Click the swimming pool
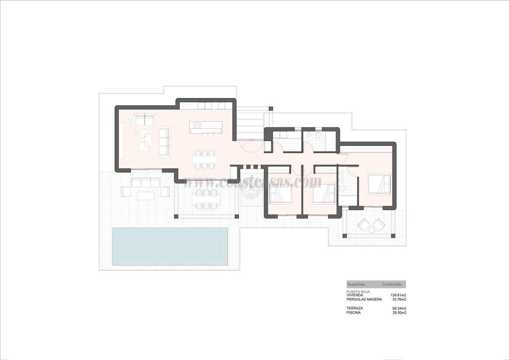coord(170,246)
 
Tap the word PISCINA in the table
coord(354,312)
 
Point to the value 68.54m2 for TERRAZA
coord(399,308)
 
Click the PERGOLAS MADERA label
coord(364,299)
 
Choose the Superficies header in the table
coord(356,284)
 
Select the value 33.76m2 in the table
coord(399,299)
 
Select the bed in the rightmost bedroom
coord(379,184)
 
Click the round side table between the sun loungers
coord(371,230)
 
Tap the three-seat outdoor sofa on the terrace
coord(145,182)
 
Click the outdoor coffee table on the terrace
coord(145,195)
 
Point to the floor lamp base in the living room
coord(128,119)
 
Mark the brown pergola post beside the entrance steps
coord(270,108)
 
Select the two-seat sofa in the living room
coord(145,120)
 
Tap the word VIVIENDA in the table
coord(355,295)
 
